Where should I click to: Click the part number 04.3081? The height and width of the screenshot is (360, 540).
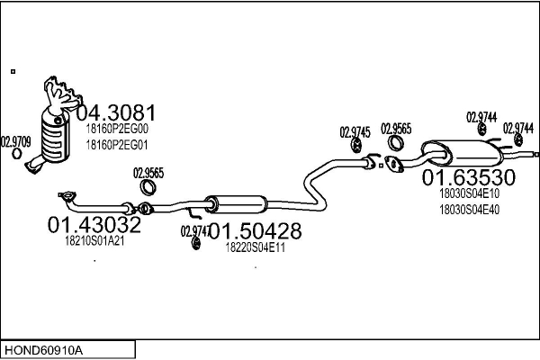coord(116,112)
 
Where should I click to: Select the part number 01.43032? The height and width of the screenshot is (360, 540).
coord(94,225)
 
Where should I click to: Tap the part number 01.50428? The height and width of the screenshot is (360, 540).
coord(256,230)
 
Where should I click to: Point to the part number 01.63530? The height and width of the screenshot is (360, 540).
coord(468,177)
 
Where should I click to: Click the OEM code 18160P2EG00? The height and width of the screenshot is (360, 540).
coord(117,129)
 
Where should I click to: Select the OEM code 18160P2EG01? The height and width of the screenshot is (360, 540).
coord(117,145)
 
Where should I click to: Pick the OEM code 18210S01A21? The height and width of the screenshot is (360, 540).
coord(94,241)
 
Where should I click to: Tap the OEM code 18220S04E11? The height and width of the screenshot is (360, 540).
coord(256,247)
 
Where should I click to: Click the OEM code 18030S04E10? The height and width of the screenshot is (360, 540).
coord(469,193)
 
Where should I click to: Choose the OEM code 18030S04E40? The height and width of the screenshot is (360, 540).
coord(469,210)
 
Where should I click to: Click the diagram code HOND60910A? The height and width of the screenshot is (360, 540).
coord(43,350)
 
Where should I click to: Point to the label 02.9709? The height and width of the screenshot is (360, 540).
coord(16,142)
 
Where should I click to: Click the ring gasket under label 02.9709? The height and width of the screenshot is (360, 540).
coord(16,154)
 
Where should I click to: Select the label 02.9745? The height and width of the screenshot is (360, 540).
coord(355,132)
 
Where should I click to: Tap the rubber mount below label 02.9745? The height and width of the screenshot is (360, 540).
coord(356,145)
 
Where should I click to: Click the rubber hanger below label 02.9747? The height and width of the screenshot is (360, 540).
coord(196,243)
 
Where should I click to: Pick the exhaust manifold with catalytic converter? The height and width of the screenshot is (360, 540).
coord(54,125)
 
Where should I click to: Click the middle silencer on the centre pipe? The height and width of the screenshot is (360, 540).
coord(236,204)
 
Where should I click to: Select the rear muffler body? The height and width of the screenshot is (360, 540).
coord(463,153)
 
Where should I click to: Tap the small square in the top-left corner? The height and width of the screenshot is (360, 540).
coord(13,72)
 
